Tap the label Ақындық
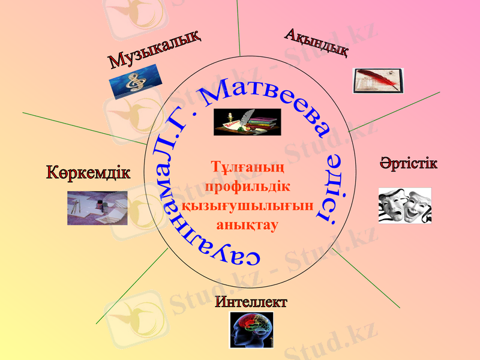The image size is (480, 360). pyautogui.click(x=316, y=42)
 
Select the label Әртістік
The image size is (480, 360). pyautogui.click(x=409, y=163)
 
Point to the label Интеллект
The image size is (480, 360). pyautogui.click(x=251, y=302)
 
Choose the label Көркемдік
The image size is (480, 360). pyautogui.click(x=88, y=172)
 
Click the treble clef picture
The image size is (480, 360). pyautogui.click(x=136, y=80)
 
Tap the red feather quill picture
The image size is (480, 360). pyautogui.click(x=378, y=80)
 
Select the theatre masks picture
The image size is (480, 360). pyautogui.click(x=405, y=205)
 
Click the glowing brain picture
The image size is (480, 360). pyautogui.click(x=251, y=329)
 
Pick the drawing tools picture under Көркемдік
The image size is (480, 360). pyautogui.click(x=97, y=208)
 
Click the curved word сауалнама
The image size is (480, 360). pyautogui.click(x=180, y=222)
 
